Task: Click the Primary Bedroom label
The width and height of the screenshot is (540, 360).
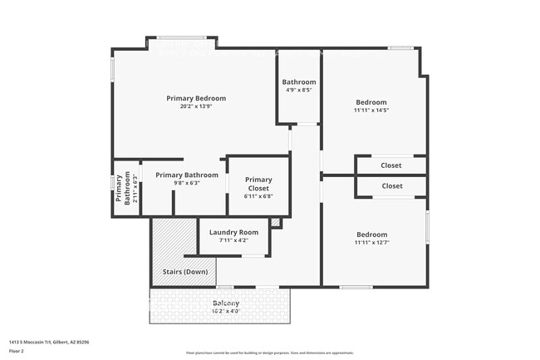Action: [x=196, y=98]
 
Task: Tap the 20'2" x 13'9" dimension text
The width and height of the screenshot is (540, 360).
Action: [x=196, y=106]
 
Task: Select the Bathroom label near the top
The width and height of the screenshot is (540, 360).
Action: [x=299, y=82]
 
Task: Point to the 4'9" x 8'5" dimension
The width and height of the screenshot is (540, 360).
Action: [x=299, y=90]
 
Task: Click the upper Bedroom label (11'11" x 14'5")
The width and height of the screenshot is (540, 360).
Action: [x=371, y=102]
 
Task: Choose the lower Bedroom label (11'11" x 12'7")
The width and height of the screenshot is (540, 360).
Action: [x=371, y=234]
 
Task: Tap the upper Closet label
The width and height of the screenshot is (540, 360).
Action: [x=391, y=165]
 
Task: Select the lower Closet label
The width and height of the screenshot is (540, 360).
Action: [x=391, y=186]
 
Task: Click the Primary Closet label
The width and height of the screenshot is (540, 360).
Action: [x=258, y=184]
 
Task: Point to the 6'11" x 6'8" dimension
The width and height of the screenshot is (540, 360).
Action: [x=258, y=196]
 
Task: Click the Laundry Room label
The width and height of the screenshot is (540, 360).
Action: [x=233, y=232]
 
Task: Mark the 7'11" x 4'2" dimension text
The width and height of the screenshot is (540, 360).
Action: [x=233, y=240]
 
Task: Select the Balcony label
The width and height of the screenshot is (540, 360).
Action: [x=226, y=303]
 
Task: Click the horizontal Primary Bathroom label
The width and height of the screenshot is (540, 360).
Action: [x=187, y=175]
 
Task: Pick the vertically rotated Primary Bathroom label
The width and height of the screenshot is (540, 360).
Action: [x=122, y=194]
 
